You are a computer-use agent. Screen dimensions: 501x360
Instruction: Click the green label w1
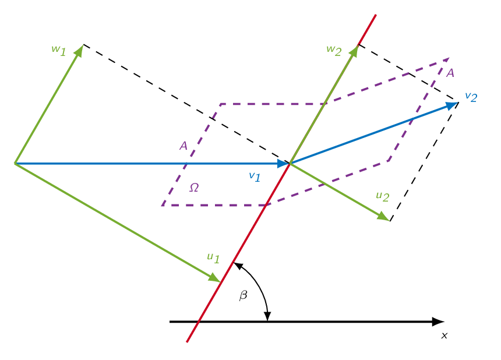pyautogui.click(x=59, y=50)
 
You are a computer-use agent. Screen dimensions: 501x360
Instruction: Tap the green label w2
pyautogui.click(x=334, y=50)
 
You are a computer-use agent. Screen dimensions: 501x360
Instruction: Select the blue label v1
pyautogui.click(x=255, y=177)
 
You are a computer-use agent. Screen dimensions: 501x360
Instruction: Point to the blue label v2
pyautogui.click(x=471, y=97)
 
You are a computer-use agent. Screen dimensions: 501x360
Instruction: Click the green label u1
pyautogui.click(x=213, y=258)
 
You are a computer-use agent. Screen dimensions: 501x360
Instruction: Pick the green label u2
pyautogui.click(x=383, y=196)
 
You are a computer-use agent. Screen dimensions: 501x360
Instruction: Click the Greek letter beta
pyautogui.click(x=243, y=295)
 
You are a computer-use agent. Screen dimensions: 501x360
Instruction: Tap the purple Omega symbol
pyautogui.click(x=194, y=188)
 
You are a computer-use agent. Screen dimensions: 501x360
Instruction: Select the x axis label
pyautogui.click(x=444, y=336)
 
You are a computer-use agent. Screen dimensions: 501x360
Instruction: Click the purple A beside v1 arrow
pyautogui.click(x=184, y=146)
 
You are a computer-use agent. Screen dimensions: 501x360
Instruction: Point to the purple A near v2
pyautogui.click(x=450, y=73)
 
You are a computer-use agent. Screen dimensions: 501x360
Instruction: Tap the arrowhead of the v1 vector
pyautogui.click(x=283, y=164)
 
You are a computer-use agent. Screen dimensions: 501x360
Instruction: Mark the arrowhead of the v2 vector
pyautogui.click(x=452, y=105)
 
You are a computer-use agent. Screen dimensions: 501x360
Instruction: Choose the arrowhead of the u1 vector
pyautogui.click(x=214, y=278)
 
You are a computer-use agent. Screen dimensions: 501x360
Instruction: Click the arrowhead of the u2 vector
pyautogui.click(x=383, y=216)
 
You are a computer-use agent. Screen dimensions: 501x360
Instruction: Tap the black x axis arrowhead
pyautogui.click(x=438, y=322)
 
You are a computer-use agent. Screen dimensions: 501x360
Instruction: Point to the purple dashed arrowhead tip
pyautogui.click(x=449, y=58)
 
